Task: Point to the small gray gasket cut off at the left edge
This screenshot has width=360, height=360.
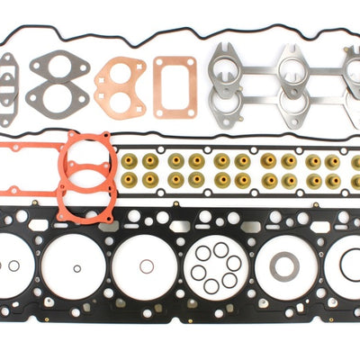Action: (9, 88)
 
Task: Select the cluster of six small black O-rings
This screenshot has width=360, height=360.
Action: (215, 268)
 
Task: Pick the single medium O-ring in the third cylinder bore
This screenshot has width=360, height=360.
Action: (146, 266)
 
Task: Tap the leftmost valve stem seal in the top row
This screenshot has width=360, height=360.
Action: (130, 161)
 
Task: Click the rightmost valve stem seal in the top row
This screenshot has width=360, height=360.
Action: (355, 161)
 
